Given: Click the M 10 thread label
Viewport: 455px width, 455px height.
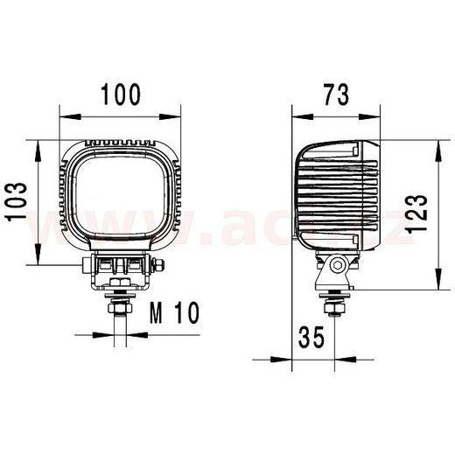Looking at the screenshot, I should pos(175,312).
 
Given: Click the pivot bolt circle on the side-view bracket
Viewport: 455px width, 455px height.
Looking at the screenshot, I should pos(338,265).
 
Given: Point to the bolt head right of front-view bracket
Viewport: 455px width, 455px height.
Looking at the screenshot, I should pos(157,265).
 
